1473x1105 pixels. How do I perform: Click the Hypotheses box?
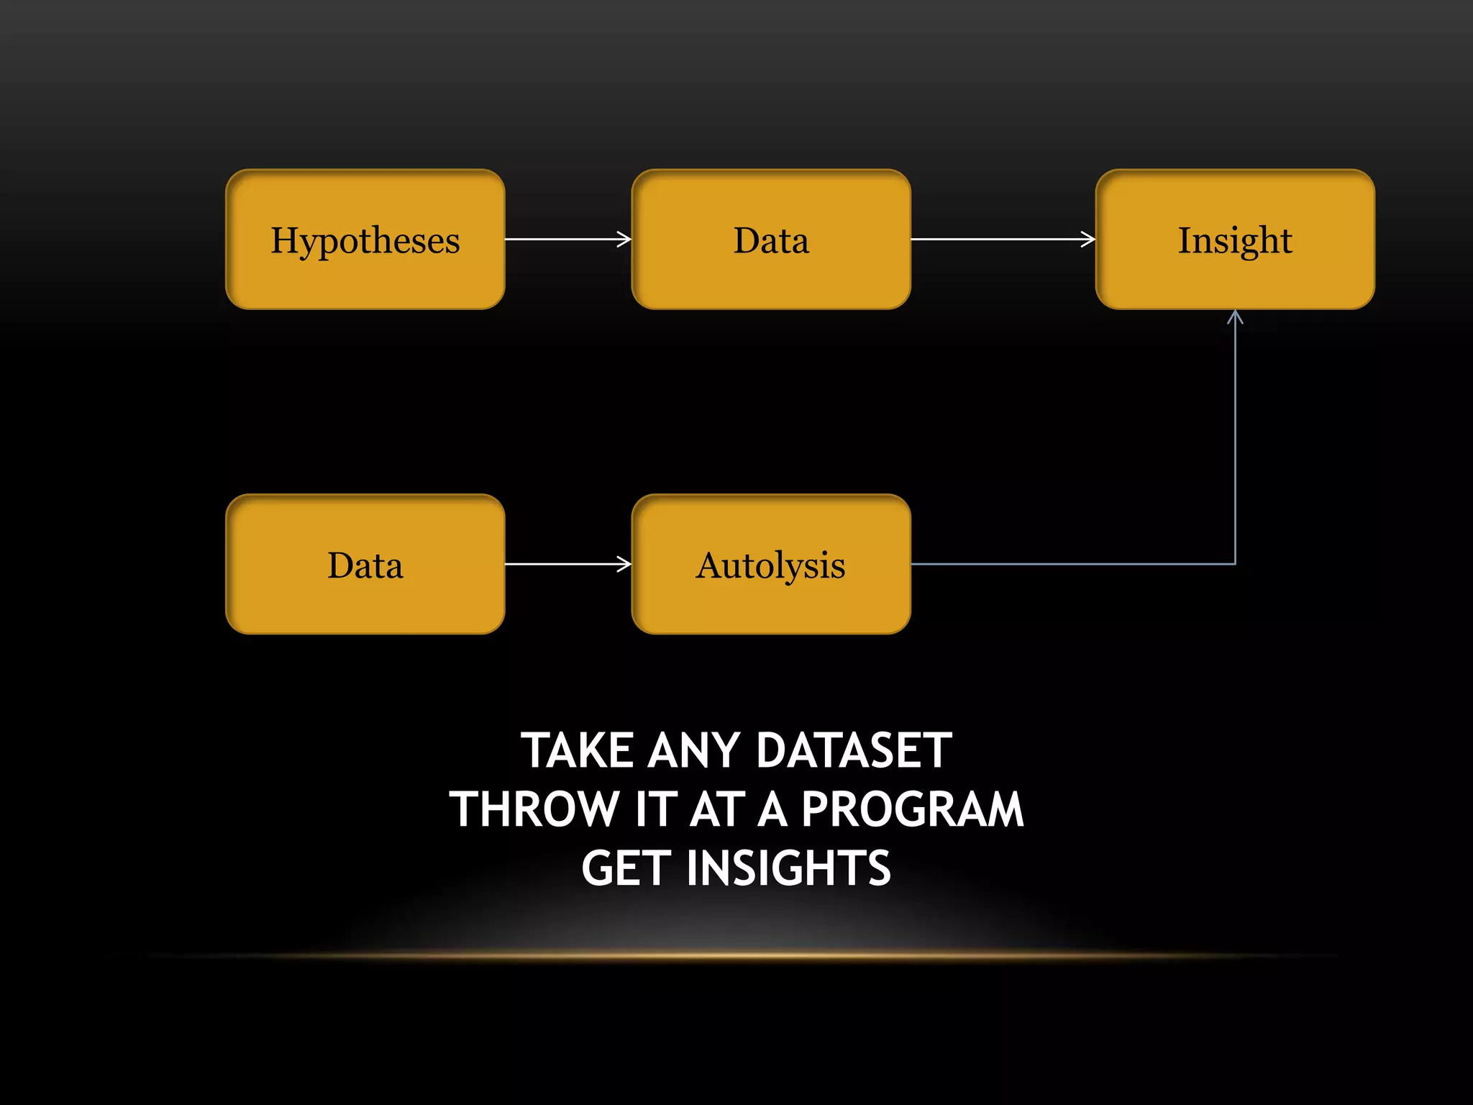click(x=365, y=240)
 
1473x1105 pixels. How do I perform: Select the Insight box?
click(x=1235, y=240)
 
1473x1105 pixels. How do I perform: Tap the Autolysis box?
click(x=771, y=565)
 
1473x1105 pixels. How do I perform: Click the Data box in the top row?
click(x=771, y=240)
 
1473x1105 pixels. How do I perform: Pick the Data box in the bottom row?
click(x=365, y=565)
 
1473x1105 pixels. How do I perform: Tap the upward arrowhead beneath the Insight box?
click(x=1235, y=317)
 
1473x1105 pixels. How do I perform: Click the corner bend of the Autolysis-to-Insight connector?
click(x=1235, y=564)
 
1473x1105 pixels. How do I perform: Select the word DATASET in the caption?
click(x=854, y=751)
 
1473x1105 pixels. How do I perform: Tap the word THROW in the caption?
click(x=534, y=809)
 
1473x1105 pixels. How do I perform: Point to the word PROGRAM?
click(x=912, y=809)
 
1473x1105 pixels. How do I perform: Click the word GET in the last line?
click(x=626, y=868)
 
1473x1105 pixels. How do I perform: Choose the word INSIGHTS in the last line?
click(x=788, y=868)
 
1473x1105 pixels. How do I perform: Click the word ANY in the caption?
click(x=694, y=751)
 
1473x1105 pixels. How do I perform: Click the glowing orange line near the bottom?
click(x=736, y=955)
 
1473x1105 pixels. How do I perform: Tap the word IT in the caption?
click(x=656, y=809)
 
